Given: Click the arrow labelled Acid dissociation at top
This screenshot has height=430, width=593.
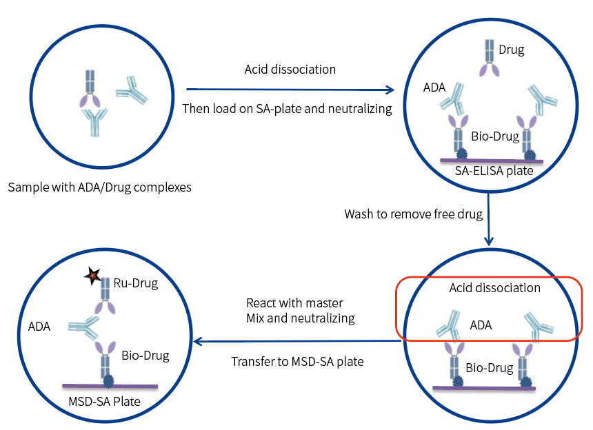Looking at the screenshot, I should click(290, 89).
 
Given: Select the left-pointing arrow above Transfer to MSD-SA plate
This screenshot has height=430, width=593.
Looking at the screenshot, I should click(296, 340).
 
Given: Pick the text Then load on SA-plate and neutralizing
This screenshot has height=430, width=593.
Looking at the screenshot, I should click(287, 108).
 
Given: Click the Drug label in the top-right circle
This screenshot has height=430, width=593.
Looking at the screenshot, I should click(511, 50).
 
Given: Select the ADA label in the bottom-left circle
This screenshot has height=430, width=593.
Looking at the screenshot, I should click(39, 326).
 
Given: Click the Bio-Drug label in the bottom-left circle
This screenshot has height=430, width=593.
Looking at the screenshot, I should click(145, 355).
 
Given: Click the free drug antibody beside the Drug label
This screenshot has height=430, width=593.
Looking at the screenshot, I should click(489, 59).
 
